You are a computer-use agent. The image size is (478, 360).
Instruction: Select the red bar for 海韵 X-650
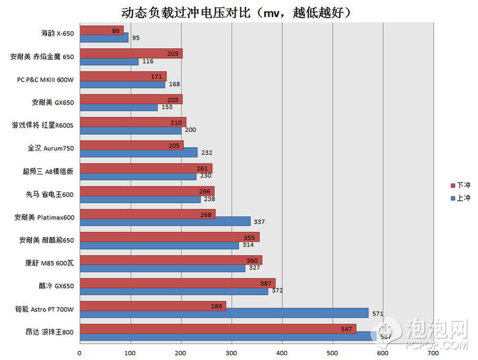101,31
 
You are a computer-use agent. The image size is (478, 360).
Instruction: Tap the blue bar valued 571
224,313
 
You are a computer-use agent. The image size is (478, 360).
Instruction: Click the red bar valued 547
217,329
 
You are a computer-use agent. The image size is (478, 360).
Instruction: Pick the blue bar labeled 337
165,221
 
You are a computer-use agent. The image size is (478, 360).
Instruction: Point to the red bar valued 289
152,305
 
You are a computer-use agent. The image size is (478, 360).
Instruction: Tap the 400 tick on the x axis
282,353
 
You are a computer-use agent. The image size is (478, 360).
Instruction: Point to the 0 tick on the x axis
80,353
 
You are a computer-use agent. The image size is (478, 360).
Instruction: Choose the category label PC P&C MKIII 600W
45,79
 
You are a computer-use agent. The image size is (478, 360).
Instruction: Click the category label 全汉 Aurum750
51,148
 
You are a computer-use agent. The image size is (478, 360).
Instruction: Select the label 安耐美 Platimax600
44,218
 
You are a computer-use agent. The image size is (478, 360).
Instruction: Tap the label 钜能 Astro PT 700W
45,310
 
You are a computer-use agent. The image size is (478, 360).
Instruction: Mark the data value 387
266,283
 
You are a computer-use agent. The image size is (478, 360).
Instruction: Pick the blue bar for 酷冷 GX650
174,291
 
